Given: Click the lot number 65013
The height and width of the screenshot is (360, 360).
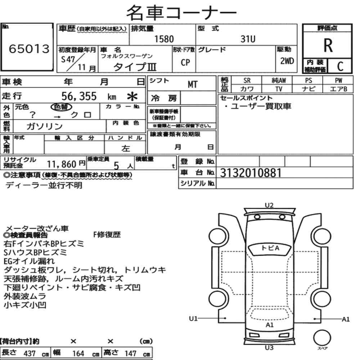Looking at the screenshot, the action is coord(29,49).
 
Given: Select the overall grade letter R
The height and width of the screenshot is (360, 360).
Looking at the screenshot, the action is coord(328,45).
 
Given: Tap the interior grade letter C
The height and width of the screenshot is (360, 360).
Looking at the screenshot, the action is coord(340,66).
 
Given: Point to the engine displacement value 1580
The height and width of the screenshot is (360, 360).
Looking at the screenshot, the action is coord(164,39).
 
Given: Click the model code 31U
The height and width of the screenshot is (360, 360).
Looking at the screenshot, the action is coord(248,39).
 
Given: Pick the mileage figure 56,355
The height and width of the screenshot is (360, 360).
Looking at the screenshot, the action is coord(79,96).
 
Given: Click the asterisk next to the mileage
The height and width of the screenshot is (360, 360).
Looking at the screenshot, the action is coord(132,96).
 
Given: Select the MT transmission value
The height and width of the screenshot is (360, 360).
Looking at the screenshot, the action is coord(192,85).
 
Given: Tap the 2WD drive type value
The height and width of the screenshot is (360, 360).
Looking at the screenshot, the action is coord(287,61).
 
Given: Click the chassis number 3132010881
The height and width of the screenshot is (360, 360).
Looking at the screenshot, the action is coord(251,173).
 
